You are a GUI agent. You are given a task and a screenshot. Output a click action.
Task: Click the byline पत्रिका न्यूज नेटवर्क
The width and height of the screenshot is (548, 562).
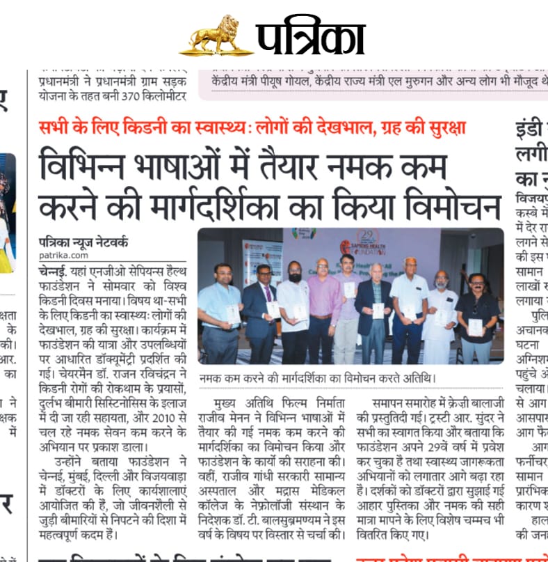tap(83, 243)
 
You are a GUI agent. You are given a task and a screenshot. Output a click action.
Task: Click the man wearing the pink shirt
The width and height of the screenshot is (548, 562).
tap(324, 306)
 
